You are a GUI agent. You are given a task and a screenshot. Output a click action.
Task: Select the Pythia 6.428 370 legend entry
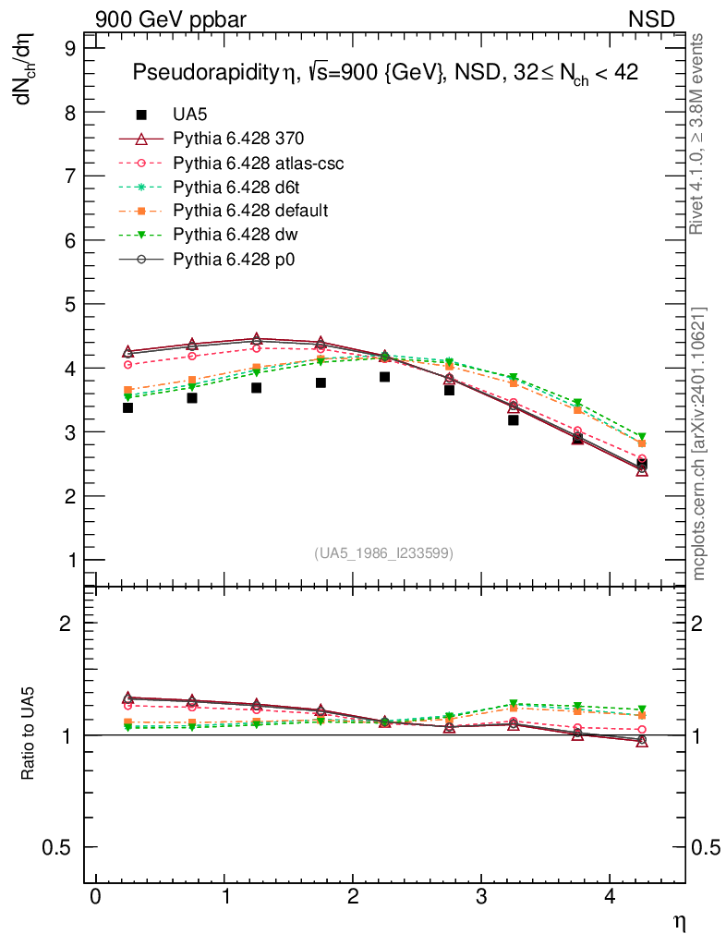click(x=238, y=139)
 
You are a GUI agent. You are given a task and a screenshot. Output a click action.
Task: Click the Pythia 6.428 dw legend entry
click(x=231, y=235)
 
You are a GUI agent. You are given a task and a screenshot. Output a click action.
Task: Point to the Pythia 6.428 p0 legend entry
click(x=230, y=259)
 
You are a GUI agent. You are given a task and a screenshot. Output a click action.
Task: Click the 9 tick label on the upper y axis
click(x=70, y=49)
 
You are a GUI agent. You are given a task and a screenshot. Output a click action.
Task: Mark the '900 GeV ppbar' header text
click(x=170, y=18)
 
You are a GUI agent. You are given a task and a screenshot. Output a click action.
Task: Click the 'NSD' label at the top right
click(x=652, y=18)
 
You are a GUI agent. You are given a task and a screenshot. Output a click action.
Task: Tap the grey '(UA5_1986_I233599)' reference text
click(x=384, y=553)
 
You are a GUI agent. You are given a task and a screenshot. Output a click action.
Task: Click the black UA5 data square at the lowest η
click(x=127, y=407)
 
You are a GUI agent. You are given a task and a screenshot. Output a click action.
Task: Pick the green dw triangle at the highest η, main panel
click(x=642, y=437)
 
